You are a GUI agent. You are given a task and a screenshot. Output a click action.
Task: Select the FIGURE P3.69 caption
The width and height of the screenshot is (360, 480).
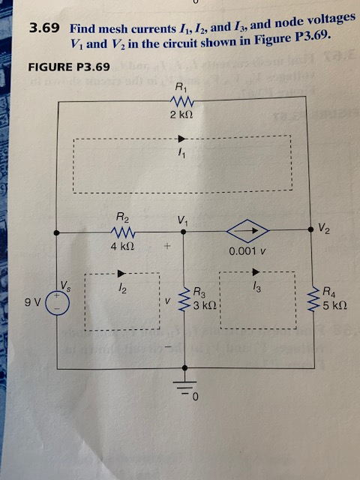[x=68, y=67]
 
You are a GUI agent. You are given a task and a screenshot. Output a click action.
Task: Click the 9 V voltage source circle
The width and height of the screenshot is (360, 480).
[x=58, y=300]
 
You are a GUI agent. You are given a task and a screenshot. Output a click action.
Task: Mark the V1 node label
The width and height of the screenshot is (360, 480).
[x=182, y=220]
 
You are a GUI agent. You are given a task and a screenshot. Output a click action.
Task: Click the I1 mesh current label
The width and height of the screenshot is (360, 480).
[x=181, y=154]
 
